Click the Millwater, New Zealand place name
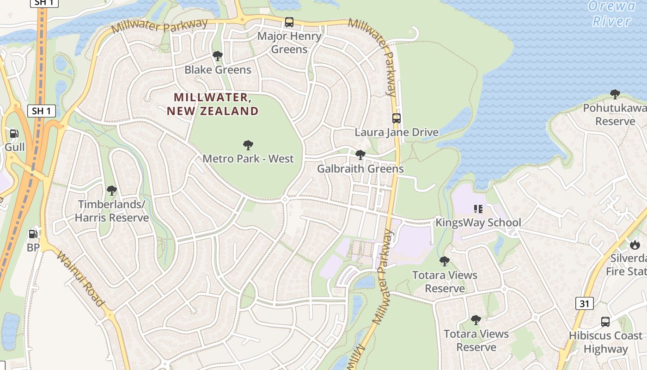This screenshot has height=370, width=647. pos(213,104)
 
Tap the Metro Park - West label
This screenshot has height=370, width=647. pos(248,159)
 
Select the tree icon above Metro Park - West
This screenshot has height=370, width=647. pos(248,145)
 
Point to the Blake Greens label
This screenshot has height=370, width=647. pos(218,70)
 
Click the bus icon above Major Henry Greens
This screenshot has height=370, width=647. pos(289,22)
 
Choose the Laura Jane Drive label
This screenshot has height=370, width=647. pos(396,132)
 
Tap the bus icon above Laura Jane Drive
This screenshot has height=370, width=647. pos(396,118)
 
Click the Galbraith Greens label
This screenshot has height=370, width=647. pos(360,169)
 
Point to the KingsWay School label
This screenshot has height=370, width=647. pos(478,222)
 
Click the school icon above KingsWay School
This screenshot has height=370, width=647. pos(478,209)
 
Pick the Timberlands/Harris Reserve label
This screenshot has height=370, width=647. pos(112,211)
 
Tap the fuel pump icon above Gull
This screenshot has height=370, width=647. pos(14,134)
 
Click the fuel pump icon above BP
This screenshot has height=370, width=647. pos(33,234)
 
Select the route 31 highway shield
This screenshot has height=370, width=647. pos(584,303)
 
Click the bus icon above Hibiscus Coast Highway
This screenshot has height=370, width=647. pos(605,322)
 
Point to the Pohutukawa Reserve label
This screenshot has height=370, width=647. pos(615,115)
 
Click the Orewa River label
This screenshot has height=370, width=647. pos(612,14)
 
